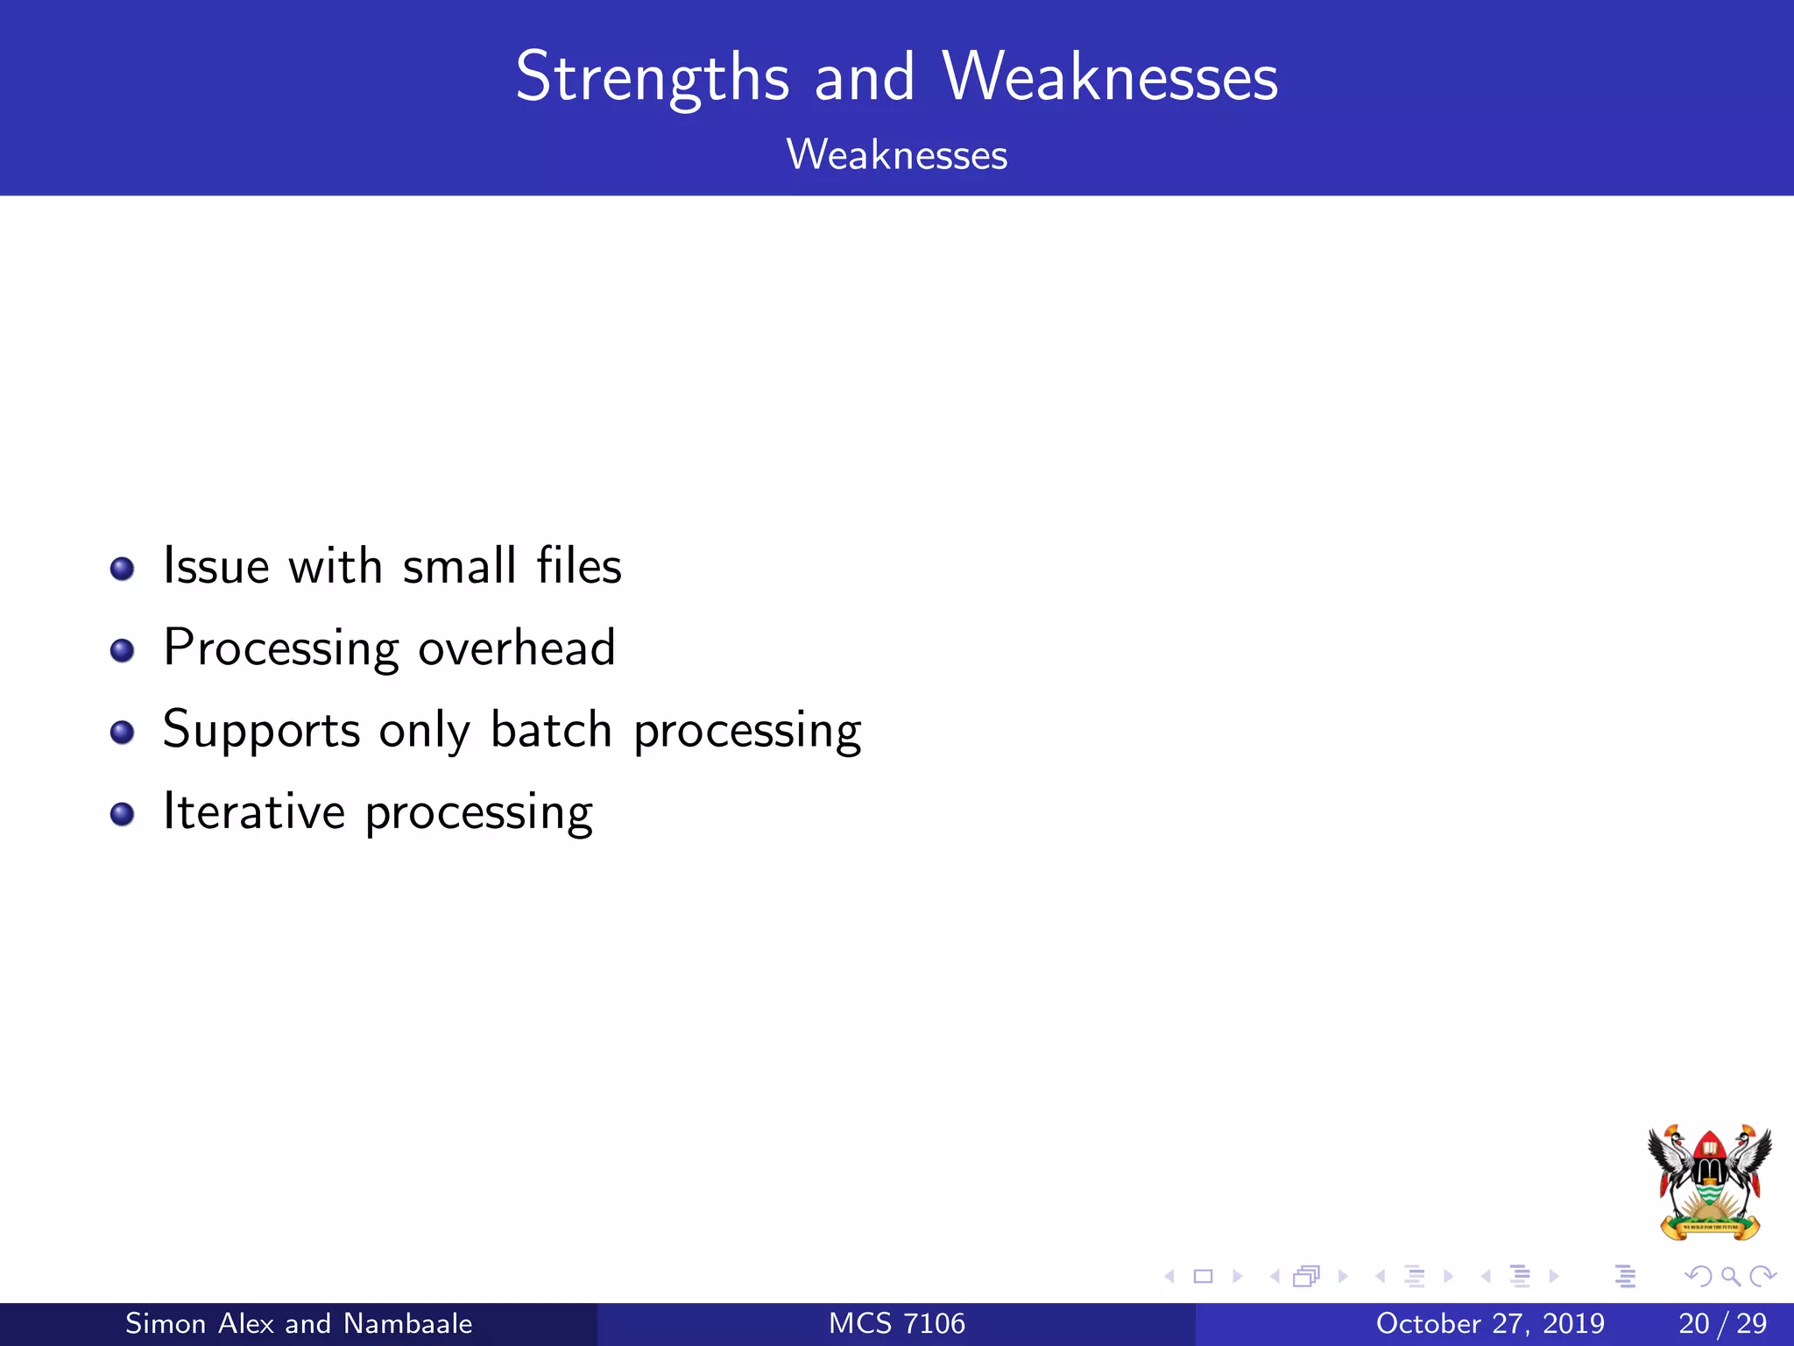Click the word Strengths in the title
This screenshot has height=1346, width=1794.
(653, 79)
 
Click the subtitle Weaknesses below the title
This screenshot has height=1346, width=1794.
(896, 155)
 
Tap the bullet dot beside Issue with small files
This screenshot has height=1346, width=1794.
(122, 570)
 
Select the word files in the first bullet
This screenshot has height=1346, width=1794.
(579, 566)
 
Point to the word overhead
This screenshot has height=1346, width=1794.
(517, 648)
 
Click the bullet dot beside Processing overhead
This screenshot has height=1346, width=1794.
(122, 651)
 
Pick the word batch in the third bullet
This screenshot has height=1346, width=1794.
(551, 730)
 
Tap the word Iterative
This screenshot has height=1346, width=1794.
(254, 811)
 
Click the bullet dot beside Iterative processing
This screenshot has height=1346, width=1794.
(122, 815)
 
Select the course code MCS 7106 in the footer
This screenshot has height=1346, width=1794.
(896, 1323)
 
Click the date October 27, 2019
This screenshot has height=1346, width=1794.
(1490, 1323)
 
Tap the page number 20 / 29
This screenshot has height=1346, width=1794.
(1722, 1323)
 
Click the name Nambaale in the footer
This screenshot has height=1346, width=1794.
(407, 1323)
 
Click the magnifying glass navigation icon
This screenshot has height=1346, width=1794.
(1730, 1277)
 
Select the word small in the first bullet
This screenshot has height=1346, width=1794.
(459, 566)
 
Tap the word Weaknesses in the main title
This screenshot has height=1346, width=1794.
(1110, 79)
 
